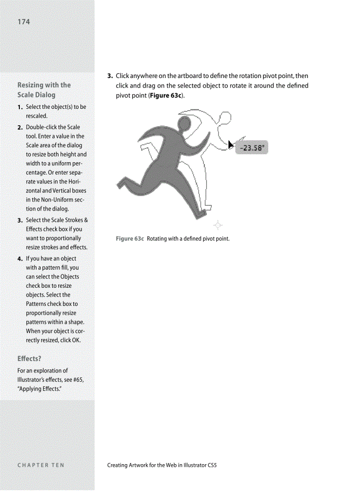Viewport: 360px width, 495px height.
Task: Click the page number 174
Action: [x=24, y=22]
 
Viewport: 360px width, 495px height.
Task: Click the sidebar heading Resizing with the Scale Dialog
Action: [x=44, y=90]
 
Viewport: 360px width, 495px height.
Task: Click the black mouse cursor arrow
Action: [x=231, y=144]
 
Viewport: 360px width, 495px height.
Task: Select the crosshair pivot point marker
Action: [x=217, y=226]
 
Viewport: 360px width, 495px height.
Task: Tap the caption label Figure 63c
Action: [x=130, y=239]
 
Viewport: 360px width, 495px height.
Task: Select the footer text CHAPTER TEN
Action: [x=41, y=465]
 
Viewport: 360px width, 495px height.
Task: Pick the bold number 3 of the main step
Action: [x=109, y=76]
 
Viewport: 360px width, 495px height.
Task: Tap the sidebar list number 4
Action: [x=20, y=259]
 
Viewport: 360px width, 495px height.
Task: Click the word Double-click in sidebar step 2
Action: [x=41, y=127]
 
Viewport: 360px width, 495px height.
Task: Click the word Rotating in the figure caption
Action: [x=157, y=239]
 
